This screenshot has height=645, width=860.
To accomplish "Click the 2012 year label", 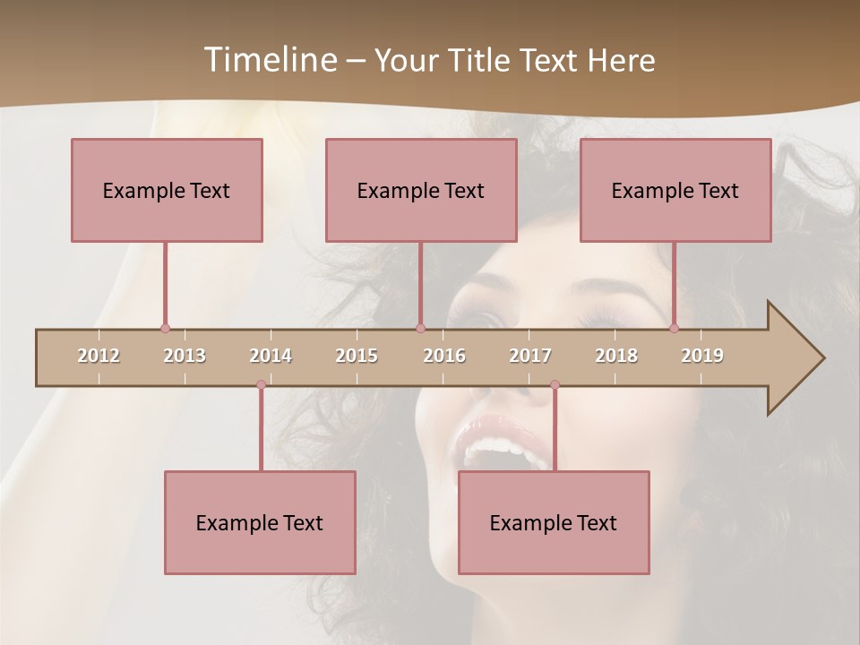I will [x=99, y=356].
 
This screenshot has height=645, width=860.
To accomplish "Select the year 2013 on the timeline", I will [x=185, y=356].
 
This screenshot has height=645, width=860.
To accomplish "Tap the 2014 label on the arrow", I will [x=271, y=356].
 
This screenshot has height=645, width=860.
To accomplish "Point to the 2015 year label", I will [x=357, y=356].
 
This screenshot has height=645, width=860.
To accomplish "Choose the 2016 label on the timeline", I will [x=444, y=356].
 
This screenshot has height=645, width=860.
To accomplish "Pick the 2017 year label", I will [x=530, y=356].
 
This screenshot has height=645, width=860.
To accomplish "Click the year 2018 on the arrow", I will [x=616, y=356].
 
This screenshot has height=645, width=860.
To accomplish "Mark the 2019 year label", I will [x=702, y=356].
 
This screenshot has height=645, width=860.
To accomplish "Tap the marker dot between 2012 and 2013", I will [x=165, y=329].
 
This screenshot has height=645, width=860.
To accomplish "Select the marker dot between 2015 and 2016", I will [x=420, y=329].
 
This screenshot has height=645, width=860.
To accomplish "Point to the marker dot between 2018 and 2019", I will [x=675, y=329].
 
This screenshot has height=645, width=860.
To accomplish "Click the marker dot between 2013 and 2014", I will [x=261, y=385].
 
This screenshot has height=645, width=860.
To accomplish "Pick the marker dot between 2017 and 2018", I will [x=555, y=385].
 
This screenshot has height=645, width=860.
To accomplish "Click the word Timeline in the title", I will [x=269, y=60].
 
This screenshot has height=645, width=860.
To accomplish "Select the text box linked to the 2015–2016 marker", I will [x=421, y=190].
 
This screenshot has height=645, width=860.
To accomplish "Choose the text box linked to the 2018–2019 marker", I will [x=675, y=190].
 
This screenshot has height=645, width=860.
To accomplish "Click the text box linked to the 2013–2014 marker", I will [x=260, y=522].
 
